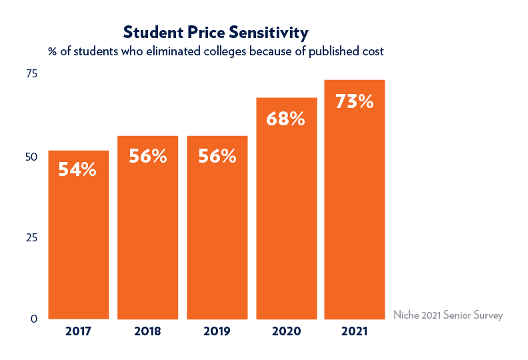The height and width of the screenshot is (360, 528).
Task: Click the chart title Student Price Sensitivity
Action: coord(215,33)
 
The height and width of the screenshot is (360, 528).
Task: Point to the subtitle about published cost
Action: coord(215,51)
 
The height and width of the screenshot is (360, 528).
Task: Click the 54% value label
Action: coord(77,170)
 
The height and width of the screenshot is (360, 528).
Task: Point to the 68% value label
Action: coord(285,119)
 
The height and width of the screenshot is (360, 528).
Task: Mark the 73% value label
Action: coord(355,102)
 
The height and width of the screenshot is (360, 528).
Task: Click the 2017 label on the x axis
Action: coord(78,331)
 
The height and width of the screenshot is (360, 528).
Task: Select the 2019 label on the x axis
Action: coord(217,331)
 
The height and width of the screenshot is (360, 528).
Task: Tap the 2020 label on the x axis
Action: coord(286,331)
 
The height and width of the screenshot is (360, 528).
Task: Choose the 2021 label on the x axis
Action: coord(355,331)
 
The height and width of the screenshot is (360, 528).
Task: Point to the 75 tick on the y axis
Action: coord(31,74)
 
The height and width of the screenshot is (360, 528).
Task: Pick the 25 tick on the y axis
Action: coord(31,238)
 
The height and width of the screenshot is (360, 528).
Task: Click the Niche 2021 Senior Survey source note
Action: coord(447,315)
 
